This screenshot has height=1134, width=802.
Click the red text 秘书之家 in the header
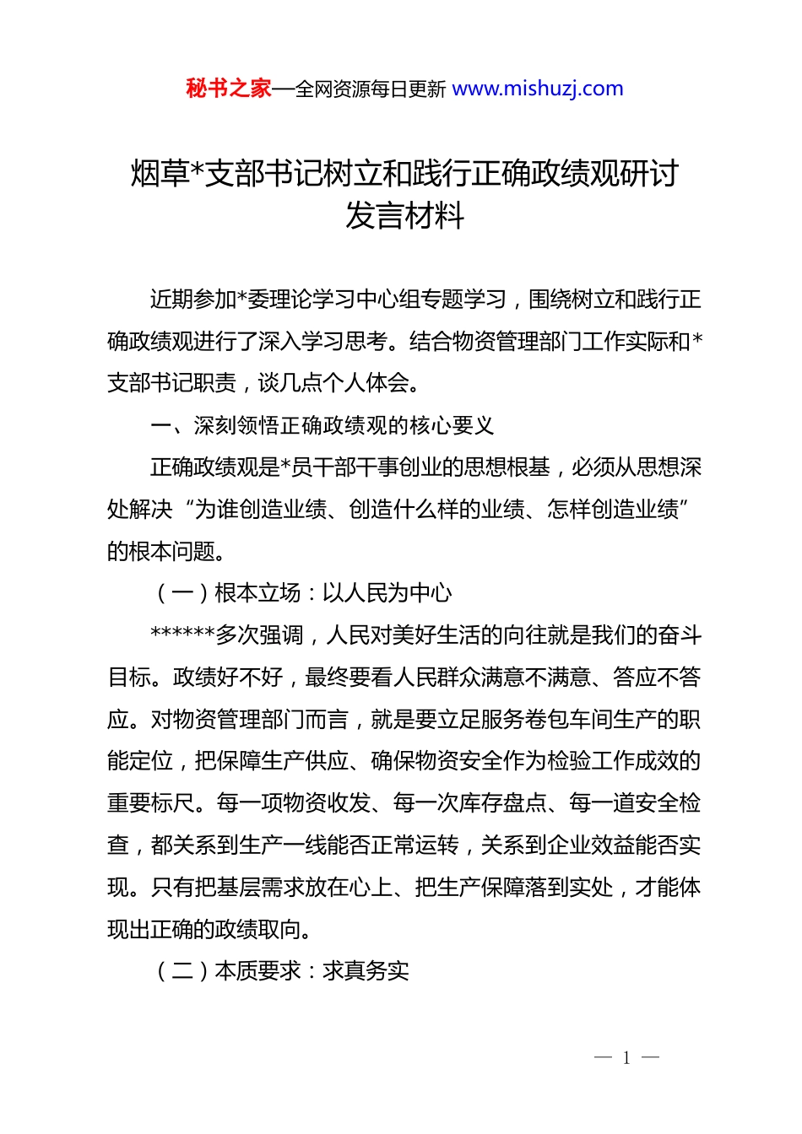coord(229,89)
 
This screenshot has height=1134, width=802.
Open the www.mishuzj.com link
coord(538,89)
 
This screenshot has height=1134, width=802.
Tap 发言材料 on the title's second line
coord(404,216)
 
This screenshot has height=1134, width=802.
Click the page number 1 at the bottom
coord(626,1058)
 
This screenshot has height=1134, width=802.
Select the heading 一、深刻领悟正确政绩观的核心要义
coord(322,425)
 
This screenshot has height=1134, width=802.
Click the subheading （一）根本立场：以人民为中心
coord(301,593)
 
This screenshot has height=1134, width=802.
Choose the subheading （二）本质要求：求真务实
coord(280,971)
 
